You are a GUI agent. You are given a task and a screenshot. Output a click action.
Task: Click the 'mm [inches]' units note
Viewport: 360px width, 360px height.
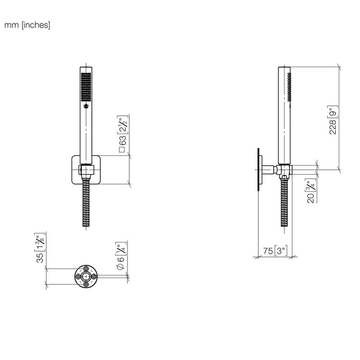(x=27, y=25)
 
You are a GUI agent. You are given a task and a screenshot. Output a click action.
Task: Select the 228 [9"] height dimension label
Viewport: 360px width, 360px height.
(x=333, y=120)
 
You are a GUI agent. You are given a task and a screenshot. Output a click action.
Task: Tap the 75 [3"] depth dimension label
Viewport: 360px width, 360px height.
(x=275, y=251)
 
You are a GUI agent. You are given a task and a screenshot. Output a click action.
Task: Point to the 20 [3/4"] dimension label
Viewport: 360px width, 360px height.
(x=311, y=191)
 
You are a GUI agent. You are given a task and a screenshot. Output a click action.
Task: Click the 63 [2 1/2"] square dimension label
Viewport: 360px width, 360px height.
(x=123, y=134)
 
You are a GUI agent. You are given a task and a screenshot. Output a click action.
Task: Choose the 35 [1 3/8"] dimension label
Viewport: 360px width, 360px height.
(x=40, y=248)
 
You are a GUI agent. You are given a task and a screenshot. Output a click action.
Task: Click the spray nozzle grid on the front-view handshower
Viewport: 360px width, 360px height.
(x=86, y=87)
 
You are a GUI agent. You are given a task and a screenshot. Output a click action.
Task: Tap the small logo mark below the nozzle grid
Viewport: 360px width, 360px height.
(x=86, y=106)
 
